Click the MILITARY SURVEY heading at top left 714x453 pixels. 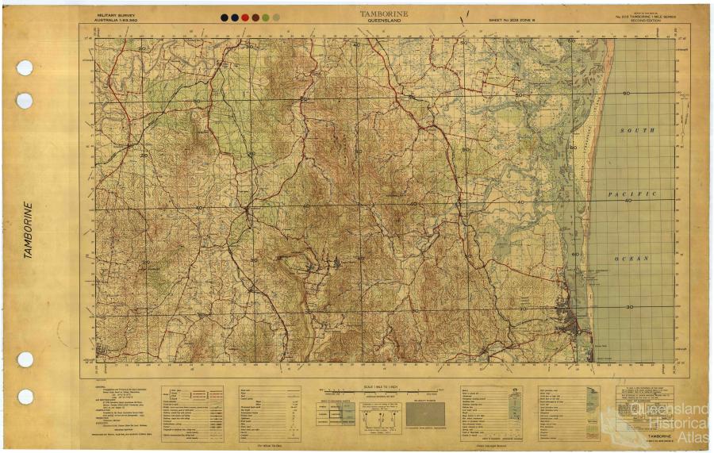(116, 14)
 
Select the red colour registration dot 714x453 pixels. (245, 17)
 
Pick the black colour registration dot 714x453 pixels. (225, 17)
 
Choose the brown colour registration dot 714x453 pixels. (255, 17)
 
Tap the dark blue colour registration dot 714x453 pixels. (235, 17)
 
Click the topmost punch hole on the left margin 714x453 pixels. (25, 67)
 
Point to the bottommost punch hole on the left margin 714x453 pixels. (25, 397)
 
